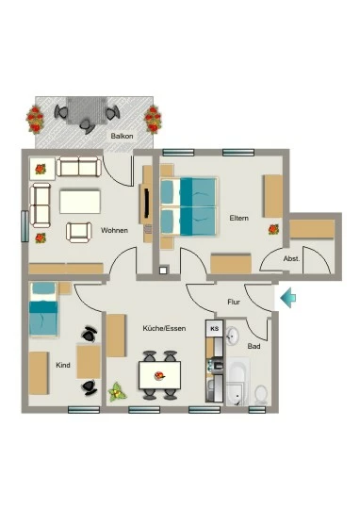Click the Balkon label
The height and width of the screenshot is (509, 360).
(x=122, y=136)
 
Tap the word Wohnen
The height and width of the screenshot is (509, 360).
(x=114, y=231)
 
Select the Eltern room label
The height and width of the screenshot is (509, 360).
(x=239, y=218)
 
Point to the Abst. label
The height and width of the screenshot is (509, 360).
(x=291, y=258)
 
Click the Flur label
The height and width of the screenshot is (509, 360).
(x=234, y=303)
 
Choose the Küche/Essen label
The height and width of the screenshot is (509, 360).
(x=164, y=329)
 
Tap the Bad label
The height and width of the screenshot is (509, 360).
(x=254, y=346)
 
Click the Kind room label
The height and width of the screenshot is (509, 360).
(x=63, y=365)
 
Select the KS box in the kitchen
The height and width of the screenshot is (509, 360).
(x=215, y=329)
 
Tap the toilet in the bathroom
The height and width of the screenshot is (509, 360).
(x=261, y=395)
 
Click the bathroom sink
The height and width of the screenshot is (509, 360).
(x=232, y=336)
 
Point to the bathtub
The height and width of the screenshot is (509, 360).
(x=237, y=382)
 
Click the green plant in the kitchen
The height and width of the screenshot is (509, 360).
(x=117, y=392)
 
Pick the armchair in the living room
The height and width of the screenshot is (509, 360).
(x=79, y=233)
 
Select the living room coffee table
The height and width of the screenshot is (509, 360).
(x=80, y=202)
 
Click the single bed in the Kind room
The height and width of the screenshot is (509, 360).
(x=43, y=309)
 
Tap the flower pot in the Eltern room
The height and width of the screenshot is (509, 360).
(x=273, y=229)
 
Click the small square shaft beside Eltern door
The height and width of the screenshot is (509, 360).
(x=163, y=271)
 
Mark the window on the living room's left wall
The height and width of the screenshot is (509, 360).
(x=25, y=226)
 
